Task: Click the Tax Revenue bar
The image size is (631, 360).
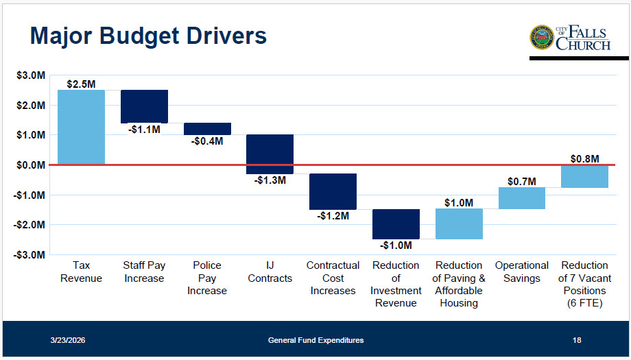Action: tap(81, 127)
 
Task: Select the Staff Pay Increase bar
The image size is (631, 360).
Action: tap(144, 106)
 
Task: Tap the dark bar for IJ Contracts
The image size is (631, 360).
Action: tap(270, 154)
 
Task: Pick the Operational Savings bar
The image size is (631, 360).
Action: tap(521, 198)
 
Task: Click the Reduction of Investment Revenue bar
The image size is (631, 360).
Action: tap(396, 224)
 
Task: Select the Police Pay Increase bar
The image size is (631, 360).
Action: tap(207, 129)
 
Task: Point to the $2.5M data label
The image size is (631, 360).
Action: tap(81, 84)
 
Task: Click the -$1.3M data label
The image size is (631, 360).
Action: tap(270, 180)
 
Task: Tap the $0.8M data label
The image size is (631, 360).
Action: tap(584, 159)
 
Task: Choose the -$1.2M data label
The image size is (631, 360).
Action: tap(333, 216)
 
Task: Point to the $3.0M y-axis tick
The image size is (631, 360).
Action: tap(32, 75)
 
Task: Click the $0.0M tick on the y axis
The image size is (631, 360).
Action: tap(32, 165)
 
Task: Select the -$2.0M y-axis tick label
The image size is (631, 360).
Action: tap(30, 225)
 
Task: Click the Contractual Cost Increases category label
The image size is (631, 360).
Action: tap(333, 278)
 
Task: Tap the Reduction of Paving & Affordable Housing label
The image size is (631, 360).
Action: tap(458, 284)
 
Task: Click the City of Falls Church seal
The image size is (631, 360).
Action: tap(541, 38)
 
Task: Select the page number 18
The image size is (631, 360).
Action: tap(577, 340)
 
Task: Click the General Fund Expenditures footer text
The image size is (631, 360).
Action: tap(315, 340)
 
